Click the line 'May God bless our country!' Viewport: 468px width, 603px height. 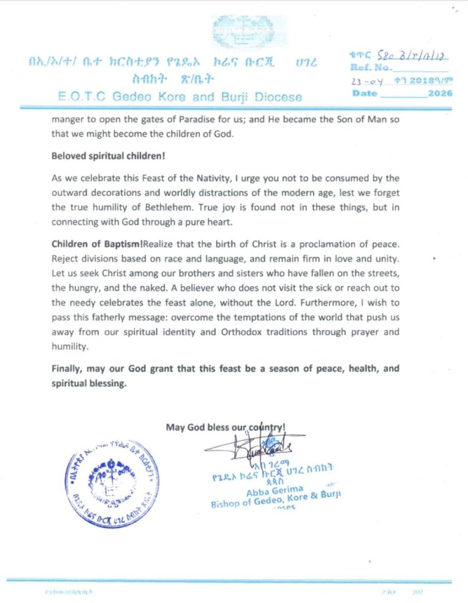(x=226, y=427)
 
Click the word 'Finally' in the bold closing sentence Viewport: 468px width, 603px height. (x=68, y=369)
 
